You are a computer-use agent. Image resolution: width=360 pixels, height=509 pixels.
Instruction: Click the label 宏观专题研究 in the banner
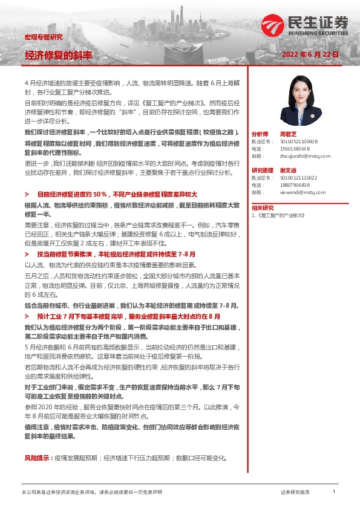click(43, 37)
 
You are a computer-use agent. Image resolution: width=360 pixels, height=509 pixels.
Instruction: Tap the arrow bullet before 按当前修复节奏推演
click(27, 255)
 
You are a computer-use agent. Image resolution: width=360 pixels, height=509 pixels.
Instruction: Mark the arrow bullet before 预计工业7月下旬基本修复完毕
click(27, 316)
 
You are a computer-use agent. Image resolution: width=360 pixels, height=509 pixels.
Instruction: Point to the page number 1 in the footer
click(333, 492)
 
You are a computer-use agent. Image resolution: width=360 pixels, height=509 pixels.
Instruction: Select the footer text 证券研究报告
click(295, 493)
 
